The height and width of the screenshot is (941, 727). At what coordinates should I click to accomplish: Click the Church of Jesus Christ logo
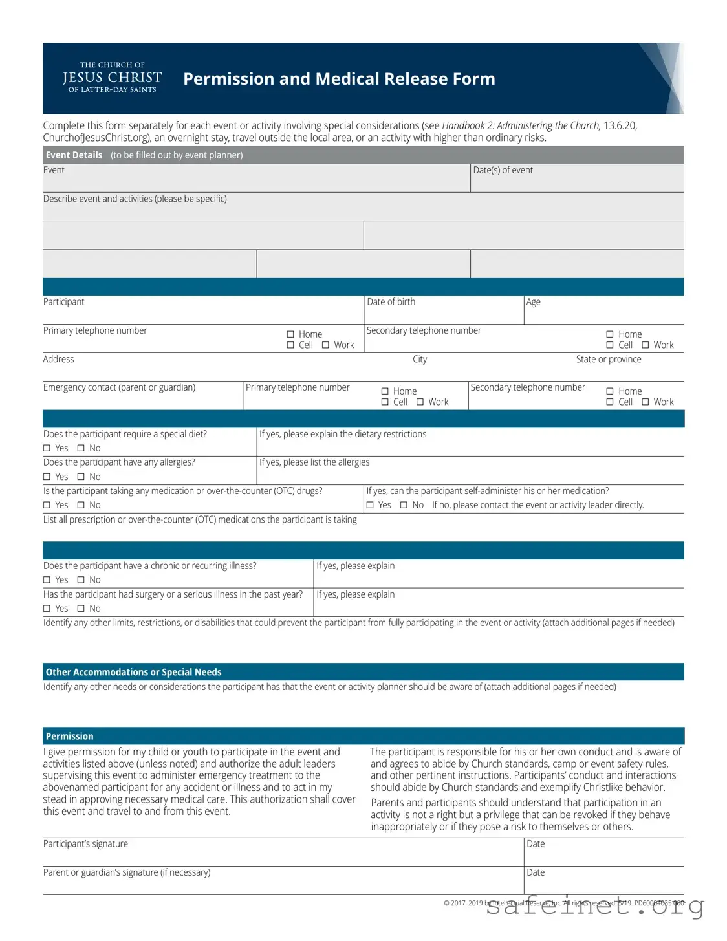point(112,78)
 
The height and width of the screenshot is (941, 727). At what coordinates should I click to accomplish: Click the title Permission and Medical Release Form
point(339,79)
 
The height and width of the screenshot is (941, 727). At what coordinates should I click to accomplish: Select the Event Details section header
point(74,155)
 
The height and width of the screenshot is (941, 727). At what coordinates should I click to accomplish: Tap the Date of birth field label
point(391,302)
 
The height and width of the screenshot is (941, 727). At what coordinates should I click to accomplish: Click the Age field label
point(533,302)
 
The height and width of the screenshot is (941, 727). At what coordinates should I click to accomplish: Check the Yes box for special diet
point(47,448)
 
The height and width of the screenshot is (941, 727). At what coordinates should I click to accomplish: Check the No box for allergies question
point(81,477)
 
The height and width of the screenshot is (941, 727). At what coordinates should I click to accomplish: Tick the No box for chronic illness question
point(81,580)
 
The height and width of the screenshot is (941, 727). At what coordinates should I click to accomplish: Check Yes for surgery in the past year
point(47,609)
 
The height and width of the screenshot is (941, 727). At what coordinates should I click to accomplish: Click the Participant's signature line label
point(85,844)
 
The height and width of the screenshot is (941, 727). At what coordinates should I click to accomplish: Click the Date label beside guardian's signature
point(536,872)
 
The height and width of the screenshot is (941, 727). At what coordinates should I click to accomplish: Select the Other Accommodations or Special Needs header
point(133,672)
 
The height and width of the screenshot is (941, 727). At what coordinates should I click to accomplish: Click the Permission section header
point(69,736)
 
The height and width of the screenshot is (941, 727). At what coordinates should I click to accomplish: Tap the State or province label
point(608,359)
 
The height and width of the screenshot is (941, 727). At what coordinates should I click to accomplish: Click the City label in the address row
point(420,359)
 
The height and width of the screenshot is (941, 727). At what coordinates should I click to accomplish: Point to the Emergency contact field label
point(119,387)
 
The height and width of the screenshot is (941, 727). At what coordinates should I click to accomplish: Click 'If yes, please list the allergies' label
point(314,462)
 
